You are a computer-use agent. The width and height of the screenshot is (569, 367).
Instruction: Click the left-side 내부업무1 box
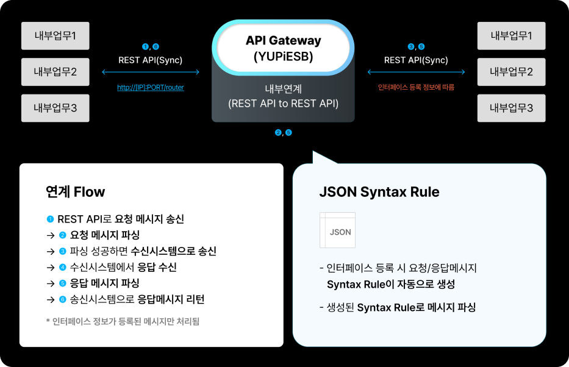[55, 36]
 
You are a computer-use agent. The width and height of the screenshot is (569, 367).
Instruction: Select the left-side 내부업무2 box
[55, 72]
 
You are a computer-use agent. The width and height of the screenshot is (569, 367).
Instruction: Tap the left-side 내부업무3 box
[55, 108]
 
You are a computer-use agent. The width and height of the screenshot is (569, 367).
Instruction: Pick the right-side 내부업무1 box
[511, 36]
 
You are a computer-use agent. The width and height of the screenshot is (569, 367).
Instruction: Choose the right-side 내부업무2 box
[511, 72]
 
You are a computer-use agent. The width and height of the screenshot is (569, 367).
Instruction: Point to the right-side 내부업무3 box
[511, 108]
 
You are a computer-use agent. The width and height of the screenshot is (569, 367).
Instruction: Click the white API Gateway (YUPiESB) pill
[283, 49]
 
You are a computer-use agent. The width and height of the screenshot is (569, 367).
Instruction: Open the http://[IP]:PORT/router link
[151, 87]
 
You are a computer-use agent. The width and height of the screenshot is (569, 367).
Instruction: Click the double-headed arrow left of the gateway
[151, 72]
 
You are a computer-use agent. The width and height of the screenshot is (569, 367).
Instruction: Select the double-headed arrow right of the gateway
[416, 72]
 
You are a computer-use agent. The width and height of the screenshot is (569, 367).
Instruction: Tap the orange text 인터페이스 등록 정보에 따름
[416, 87]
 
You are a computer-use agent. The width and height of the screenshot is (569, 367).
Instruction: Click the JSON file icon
[337, 230]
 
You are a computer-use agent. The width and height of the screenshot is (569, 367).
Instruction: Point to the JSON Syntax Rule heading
[379, 192]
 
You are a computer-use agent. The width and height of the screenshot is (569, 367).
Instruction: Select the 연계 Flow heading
[75, 192]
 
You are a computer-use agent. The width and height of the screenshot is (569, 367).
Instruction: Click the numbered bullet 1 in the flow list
[50, 219]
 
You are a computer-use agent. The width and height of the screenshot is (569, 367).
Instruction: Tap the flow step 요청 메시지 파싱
[105, 235]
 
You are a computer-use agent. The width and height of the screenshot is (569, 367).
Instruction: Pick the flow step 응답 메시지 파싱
[105, 283]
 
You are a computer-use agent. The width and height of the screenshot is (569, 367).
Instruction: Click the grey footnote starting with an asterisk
[123, 321]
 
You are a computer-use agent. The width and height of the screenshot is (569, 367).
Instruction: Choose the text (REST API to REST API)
[283, 104]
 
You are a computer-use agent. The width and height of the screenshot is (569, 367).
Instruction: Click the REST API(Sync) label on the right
[416, 60]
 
